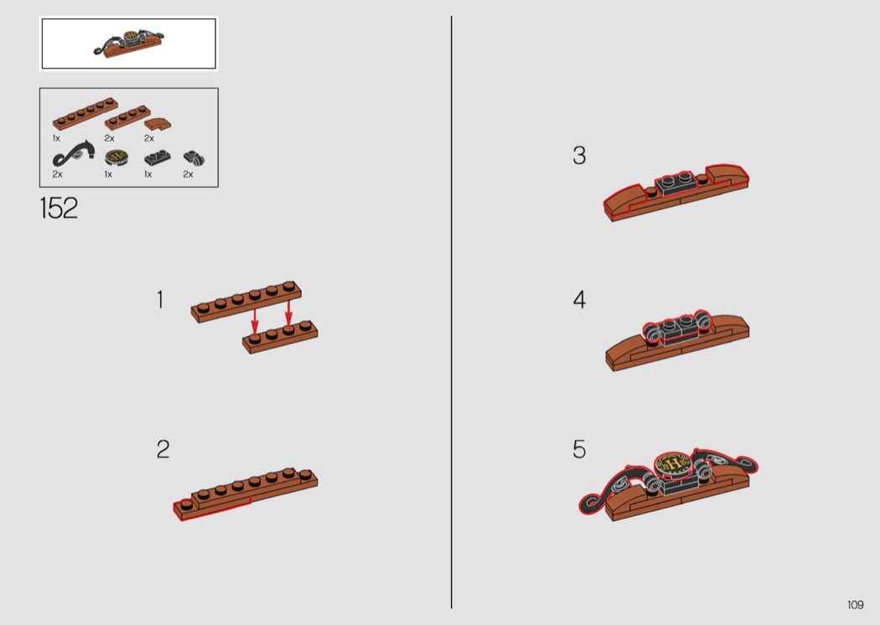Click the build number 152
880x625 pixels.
tap(59, 208)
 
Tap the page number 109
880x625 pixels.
tap(856, 605)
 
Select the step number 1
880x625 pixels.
tap(161, 300)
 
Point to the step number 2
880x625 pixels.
tap(163, 449)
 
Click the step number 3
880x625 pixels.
tap(579, 155)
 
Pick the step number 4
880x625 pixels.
tap(579, 300)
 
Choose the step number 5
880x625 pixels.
tap(579, 449)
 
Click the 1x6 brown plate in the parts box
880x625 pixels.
tap(85, 114)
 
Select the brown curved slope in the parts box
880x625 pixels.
tap(158, 123)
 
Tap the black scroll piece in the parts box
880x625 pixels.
tap(73, 153)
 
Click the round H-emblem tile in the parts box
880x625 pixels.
tap(116, 158)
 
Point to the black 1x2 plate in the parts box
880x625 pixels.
tap(158, 158)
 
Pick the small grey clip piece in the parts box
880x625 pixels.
tap(194, 159)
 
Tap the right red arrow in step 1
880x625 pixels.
tap(288, 312)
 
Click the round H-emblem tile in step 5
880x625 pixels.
tap(674, 464)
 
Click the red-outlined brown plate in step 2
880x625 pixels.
tap(212, 507)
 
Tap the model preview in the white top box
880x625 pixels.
tap(129, 44)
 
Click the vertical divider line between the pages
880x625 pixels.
tap(451, 312)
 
